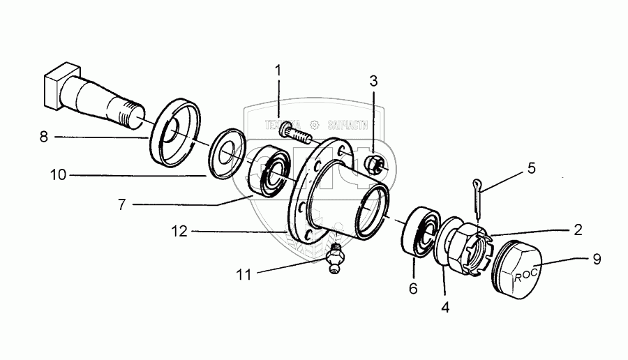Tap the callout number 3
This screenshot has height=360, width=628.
click(374, 80)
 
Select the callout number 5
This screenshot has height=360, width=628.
click(531, 167)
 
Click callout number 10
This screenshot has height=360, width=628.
click(58, 175)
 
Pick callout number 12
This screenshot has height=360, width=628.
click(181, 231)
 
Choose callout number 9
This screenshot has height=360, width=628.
click(596, 257)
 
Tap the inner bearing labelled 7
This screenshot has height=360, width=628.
click(266, 172)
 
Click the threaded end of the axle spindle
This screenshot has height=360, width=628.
click(133, 118)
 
